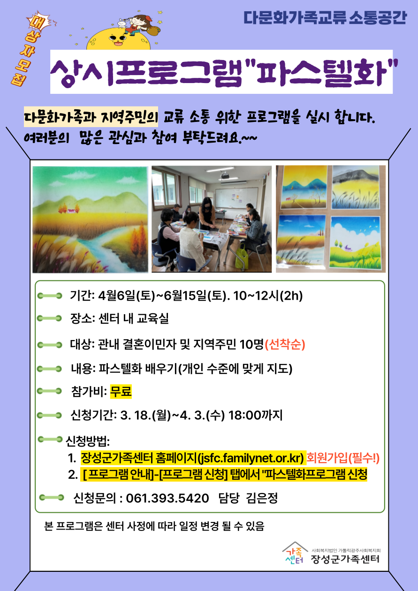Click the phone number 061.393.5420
click(x=167, y=499)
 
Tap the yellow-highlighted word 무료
click(x=121, y=391)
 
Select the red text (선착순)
click(x=285, y=344)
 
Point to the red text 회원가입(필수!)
click(x=343, y=458)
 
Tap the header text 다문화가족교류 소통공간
click(x=325, y=18)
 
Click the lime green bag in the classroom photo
click(x=242, y=256)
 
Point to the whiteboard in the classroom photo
click(x=236, y=198)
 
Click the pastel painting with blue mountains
click(x=304, y=187)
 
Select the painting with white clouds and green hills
click(x=356, y=243)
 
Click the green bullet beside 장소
click(x=50, y=318)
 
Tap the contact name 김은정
click(x=261, y=499)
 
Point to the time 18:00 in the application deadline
click(x=244, y=415)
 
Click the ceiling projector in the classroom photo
click(x=225, y=174)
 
